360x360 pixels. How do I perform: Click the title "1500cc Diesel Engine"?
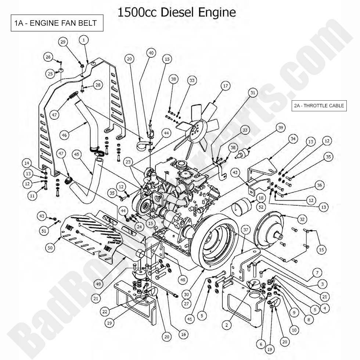176,12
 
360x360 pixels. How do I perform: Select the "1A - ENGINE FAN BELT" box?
57,23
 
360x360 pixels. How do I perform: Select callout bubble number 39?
281,127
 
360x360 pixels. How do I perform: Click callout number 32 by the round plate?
302,219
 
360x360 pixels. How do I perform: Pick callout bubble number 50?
50,248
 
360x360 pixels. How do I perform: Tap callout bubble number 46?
64,135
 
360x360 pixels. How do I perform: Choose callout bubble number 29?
63,42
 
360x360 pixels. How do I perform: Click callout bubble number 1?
84,40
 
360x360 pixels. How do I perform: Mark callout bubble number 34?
292,139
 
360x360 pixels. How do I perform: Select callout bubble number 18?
261,198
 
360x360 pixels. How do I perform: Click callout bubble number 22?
105,312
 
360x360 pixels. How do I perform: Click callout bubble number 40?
151,53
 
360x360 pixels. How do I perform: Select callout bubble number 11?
32,196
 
